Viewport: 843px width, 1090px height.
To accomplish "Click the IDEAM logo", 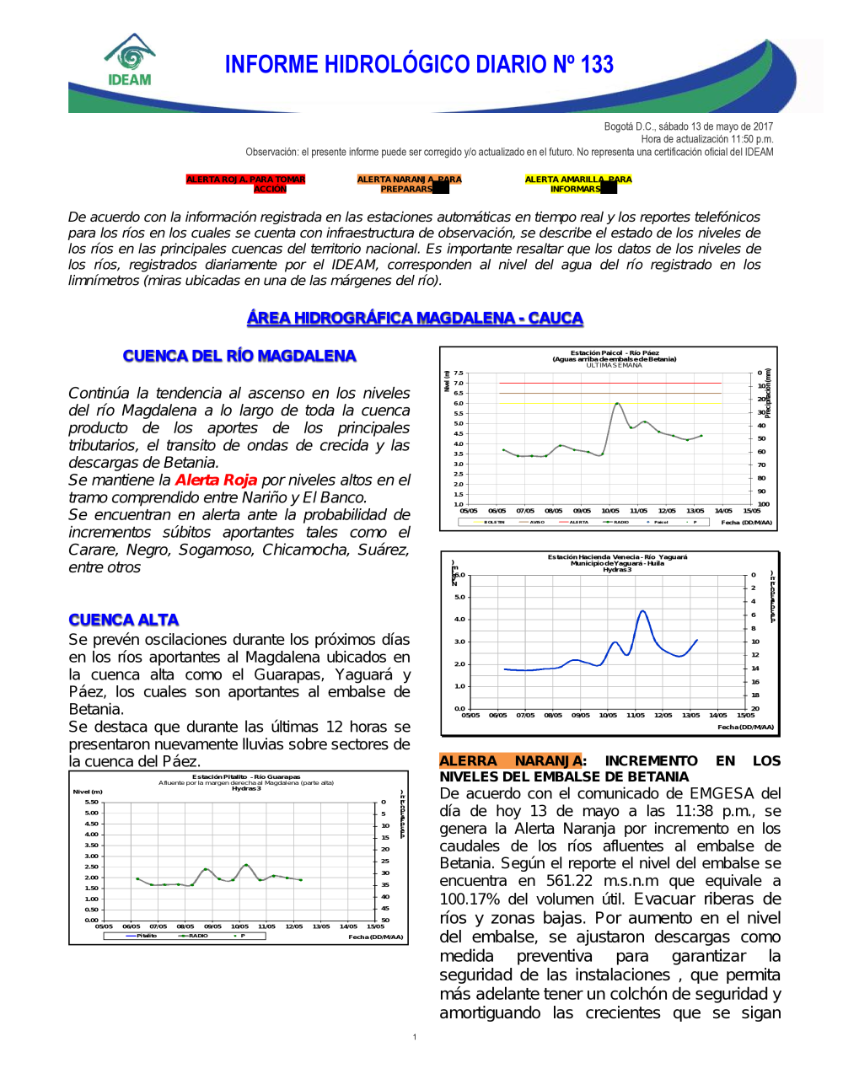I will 130,61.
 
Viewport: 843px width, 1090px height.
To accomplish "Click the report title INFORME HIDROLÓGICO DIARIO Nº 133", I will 419,65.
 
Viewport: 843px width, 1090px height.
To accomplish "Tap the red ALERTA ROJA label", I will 245,184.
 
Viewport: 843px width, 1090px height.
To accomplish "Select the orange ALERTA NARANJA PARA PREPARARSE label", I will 409,184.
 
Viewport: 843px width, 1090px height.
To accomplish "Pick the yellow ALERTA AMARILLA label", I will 577,184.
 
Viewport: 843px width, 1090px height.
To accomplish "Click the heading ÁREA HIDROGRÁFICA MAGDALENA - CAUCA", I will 415,318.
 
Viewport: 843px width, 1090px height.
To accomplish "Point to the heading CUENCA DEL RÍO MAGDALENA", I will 239,356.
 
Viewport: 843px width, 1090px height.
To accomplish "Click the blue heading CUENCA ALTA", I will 124,620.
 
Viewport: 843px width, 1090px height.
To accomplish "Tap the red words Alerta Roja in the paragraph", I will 216,480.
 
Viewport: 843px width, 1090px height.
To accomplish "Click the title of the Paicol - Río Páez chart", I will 615,356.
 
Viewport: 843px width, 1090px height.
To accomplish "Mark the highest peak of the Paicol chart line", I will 618,404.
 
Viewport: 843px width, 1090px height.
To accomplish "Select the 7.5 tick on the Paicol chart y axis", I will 459,373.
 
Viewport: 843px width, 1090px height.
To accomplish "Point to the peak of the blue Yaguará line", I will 642,611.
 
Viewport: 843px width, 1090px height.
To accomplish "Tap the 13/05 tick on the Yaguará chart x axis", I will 690,715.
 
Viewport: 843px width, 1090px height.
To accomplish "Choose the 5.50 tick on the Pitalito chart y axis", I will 91,802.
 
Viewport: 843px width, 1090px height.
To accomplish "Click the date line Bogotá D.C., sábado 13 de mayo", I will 688,126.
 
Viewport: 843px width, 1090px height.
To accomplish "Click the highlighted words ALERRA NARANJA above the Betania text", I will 511,760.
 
